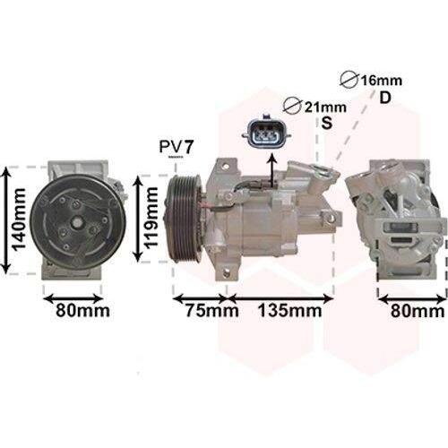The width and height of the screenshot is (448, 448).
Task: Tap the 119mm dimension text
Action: tap(151, 218)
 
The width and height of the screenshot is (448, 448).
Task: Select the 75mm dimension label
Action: tap(212, 310)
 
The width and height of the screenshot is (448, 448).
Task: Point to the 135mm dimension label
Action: tap(289, 310)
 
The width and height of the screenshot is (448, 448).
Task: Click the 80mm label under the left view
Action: tap(83, 311)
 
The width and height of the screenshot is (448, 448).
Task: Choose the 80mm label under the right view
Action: tap(418, 312)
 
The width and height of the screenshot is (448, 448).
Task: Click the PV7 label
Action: tap(177, 147)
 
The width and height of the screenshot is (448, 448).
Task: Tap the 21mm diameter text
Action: tap(325, 108)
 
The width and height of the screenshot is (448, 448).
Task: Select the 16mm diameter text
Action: tap(382, 81)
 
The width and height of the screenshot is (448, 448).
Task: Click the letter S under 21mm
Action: tap(327, 123)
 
